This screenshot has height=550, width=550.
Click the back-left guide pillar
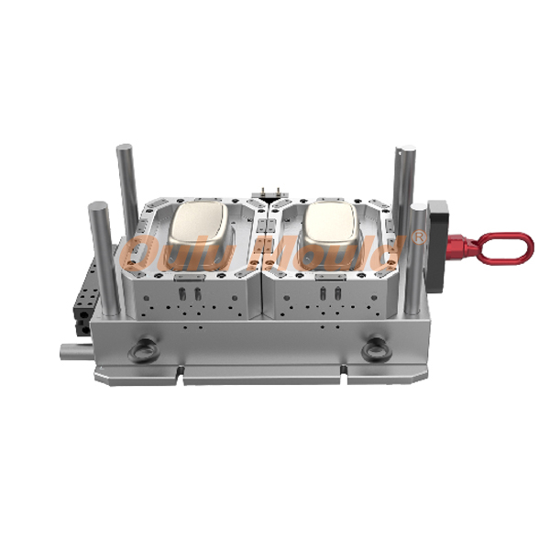point(127,179)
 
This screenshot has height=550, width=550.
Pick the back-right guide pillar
point(404,183)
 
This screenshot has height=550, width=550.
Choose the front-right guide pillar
point(417,257)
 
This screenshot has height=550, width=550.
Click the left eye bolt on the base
point(145,349)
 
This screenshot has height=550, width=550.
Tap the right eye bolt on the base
point(376,349)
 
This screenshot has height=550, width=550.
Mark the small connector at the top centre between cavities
point(268,191)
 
